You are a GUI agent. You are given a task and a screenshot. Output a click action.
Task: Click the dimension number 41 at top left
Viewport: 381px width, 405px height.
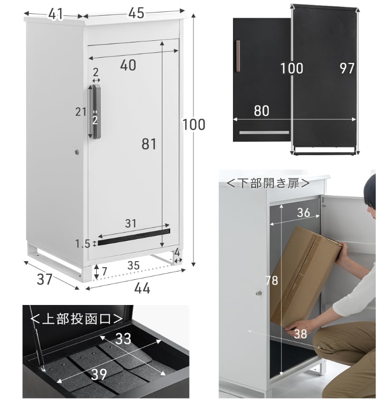coord(56,14)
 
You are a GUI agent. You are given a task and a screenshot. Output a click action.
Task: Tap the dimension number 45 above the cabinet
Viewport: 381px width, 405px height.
coord(136,13)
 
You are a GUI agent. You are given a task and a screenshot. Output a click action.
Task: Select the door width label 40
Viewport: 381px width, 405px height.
coord(128,65)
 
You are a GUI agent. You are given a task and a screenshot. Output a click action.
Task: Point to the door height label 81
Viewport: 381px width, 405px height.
coord(149,144)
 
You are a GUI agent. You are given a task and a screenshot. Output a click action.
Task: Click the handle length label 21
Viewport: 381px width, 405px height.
coord(81,112)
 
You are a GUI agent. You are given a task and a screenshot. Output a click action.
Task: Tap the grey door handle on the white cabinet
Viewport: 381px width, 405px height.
coord(96,111)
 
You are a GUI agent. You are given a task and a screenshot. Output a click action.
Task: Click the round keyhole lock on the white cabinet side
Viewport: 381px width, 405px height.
coord(76,152)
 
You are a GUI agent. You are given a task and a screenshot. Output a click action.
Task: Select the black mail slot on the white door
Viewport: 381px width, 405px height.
coord(134,237)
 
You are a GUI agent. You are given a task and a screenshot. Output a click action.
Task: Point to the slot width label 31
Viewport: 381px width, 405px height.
coord(131,223)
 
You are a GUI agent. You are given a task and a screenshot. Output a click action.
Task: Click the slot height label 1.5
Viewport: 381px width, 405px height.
coord(82,244)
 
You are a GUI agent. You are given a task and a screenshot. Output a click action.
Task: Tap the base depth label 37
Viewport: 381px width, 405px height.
coord(44,279)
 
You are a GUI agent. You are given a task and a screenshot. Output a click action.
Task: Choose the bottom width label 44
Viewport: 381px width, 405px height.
coord(142,288)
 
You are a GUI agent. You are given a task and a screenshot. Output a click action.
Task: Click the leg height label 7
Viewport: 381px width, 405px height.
coord(104,271)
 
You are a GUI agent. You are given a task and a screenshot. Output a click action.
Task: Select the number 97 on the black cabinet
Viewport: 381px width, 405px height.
coord(346,68)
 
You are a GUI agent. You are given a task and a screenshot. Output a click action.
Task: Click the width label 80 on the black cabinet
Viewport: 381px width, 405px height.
coord(262,111)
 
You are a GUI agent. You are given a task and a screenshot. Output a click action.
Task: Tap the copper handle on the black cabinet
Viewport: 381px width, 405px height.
coord(238,56)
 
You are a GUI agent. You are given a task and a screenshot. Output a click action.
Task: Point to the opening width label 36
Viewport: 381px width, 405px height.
coord(304,212)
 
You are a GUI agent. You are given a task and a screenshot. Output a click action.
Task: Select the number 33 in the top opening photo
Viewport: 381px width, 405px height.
coord(123,338)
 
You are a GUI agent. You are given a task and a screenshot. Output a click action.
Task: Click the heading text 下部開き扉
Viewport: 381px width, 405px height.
coord(268,183)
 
